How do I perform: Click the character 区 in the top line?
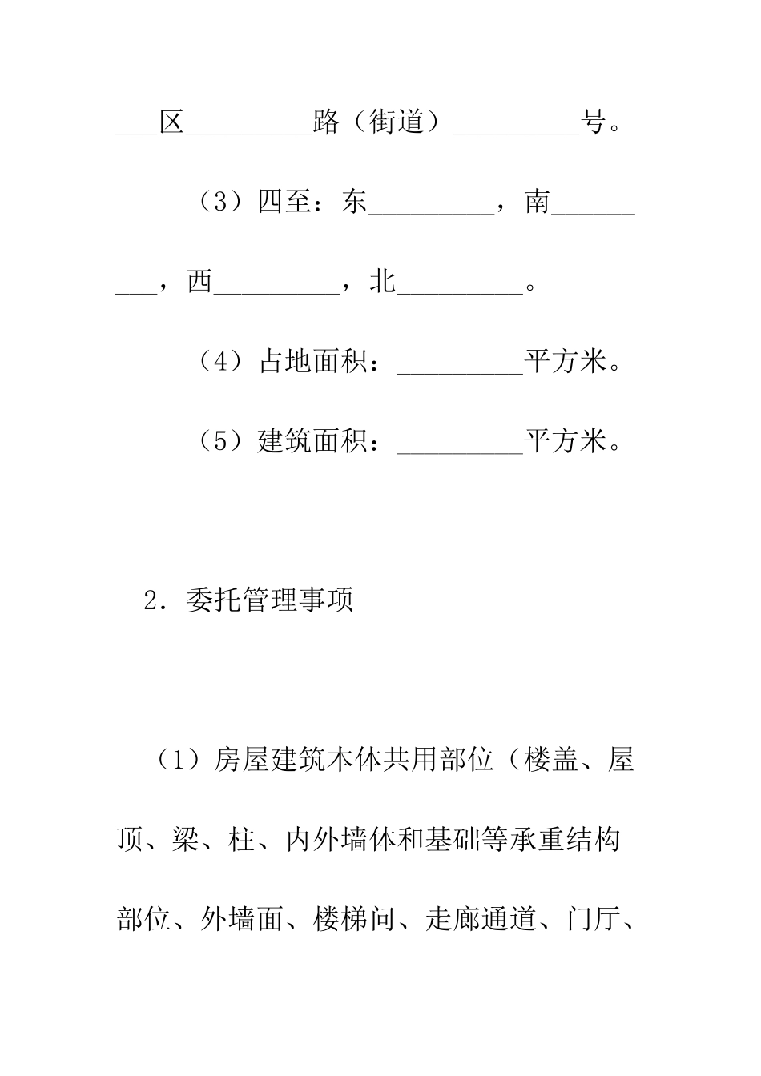coord(171,123)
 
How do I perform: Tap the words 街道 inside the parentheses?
coord(397,123)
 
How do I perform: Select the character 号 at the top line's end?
coord(592,123)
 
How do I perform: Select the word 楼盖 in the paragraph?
coord(550,760)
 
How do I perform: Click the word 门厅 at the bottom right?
coord(592,920)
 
